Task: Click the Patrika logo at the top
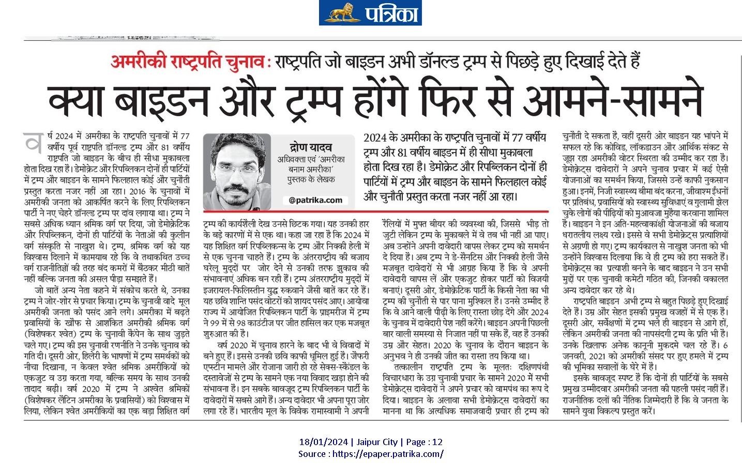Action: (x=370, y=13)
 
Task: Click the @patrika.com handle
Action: (x=315, y=200)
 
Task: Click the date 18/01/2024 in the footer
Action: (x=323, y=442)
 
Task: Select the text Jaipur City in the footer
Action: (x=376, y=442)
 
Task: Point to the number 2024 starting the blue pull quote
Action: (x=375, y=138)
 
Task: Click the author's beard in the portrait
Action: (x=239, y=189)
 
